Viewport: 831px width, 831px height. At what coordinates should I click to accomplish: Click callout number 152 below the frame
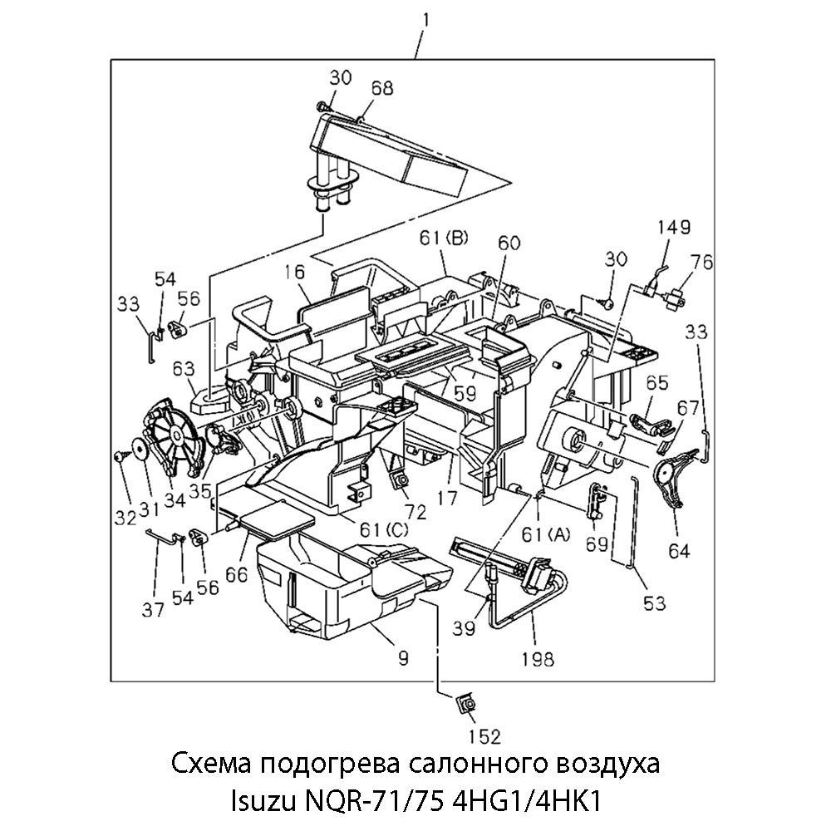pyautogui.click(x=484, y=735)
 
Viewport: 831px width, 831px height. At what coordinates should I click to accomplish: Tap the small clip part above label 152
pyautogui.click(x=465, y=706)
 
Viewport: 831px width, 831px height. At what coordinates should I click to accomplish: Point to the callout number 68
pyautogui.click(x=382, y=88)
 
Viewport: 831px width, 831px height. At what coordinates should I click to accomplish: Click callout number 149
pyautogui.click(x=674, y=228)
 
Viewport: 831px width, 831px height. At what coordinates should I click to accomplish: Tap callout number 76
pyautogui.click(x=702, y=262)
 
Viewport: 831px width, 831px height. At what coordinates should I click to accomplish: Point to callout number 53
pyautogui.click(x=654, y=603)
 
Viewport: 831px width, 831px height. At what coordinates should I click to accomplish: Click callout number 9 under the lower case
pyautogui.click(x=402, y=658)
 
